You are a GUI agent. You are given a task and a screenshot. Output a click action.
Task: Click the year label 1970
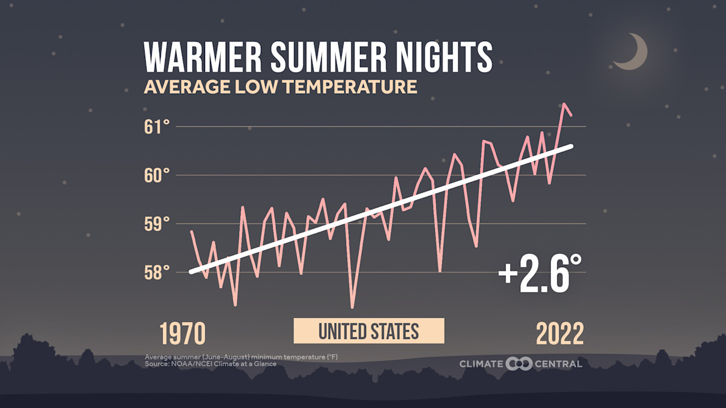pos(183,333)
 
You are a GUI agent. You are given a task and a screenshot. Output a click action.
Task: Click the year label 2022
pos(560,333)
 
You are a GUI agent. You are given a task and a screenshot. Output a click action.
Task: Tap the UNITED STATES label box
pos(369,331)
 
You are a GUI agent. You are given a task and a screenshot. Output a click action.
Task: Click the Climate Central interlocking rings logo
pos(518,363)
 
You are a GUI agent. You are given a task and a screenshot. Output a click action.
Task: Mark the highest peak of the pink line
pos(564,104)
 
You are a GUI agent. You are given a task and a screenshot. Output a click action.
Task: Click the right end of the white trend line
pos(571,146)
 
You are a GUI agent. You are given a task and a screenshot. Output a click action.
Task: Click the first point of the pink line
pos(191,232)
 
